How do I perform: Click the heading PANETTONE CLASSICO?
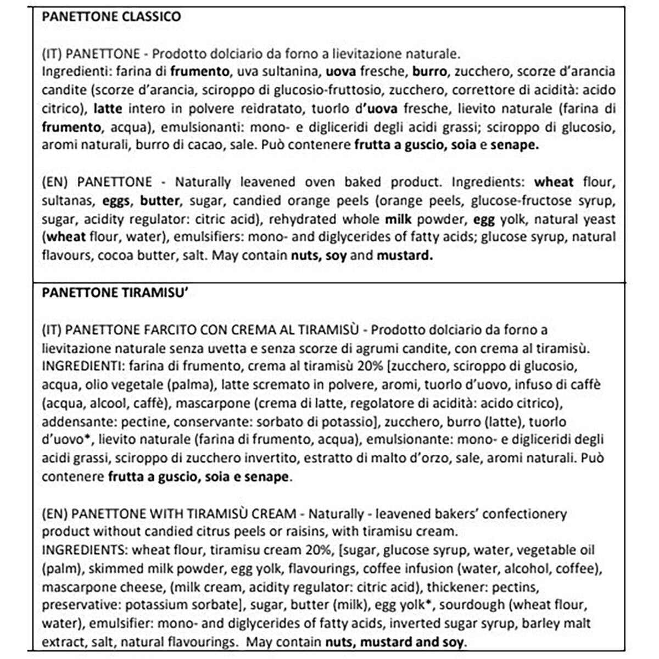click(x=111, y=16)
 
